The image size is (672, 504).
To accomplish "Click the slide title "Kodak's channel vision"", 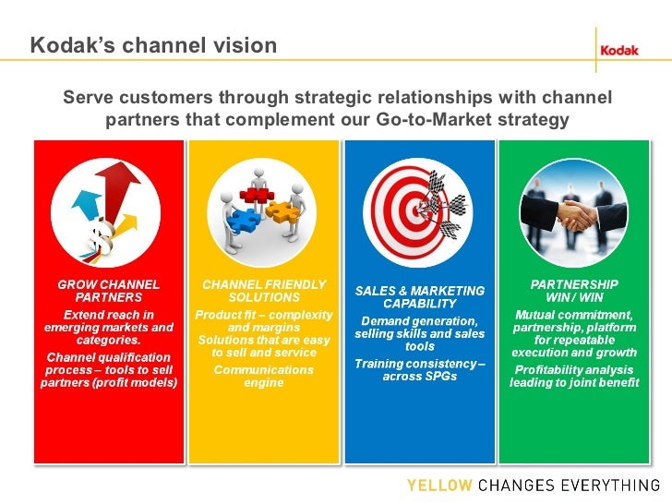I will point(152,45).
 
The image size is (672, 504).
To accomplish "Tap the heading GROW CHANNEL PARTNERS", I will point(109,291).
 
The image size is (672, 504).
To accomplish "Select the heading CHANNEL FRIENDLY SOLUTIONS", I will point(264,291).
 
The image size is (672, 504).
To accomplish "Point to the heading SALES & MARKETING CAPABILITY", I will point(420,296).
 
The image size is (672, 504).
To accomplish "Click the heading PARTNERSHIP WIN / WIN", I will point(574,291).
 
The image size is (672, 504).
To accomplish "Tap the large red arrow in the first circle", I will point(113,193).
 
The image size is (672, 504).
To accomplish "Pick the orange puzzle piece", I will point(281,210).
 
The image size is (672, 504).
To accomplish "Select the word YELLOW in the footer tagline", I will point(438,485).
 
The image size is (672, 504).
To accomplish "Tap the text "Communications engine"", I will point(264,376).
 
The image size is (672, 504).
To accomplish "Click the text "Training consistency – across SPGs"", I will point(420,369).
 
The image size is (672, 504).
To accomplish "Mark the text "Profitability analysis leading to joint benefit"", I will point(574,376).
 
